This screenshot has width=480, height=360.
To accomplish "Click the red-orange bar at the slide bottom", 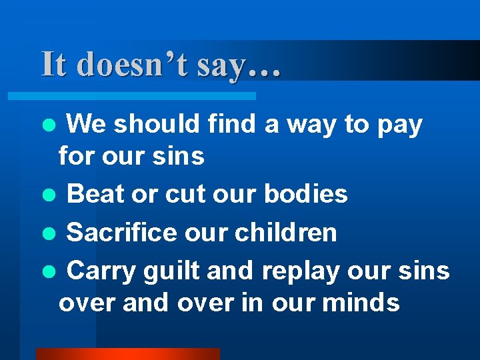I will [127, 354].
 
